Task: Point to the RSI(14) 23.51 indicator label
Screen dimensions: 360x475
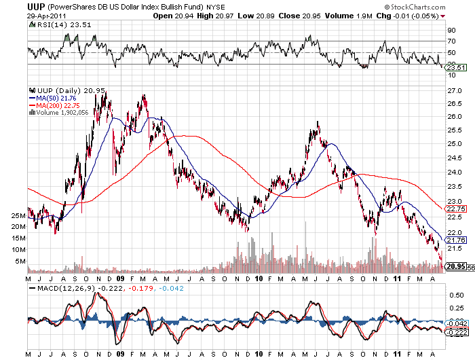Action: click(54, 24)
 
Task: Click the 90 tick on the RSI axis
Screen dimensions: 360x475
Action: click(450, 30)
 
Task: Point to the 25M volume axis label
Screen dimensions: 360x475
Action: click(18, 215)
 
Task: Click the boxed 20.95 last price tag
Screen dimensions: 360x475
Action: click(455, 267)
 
